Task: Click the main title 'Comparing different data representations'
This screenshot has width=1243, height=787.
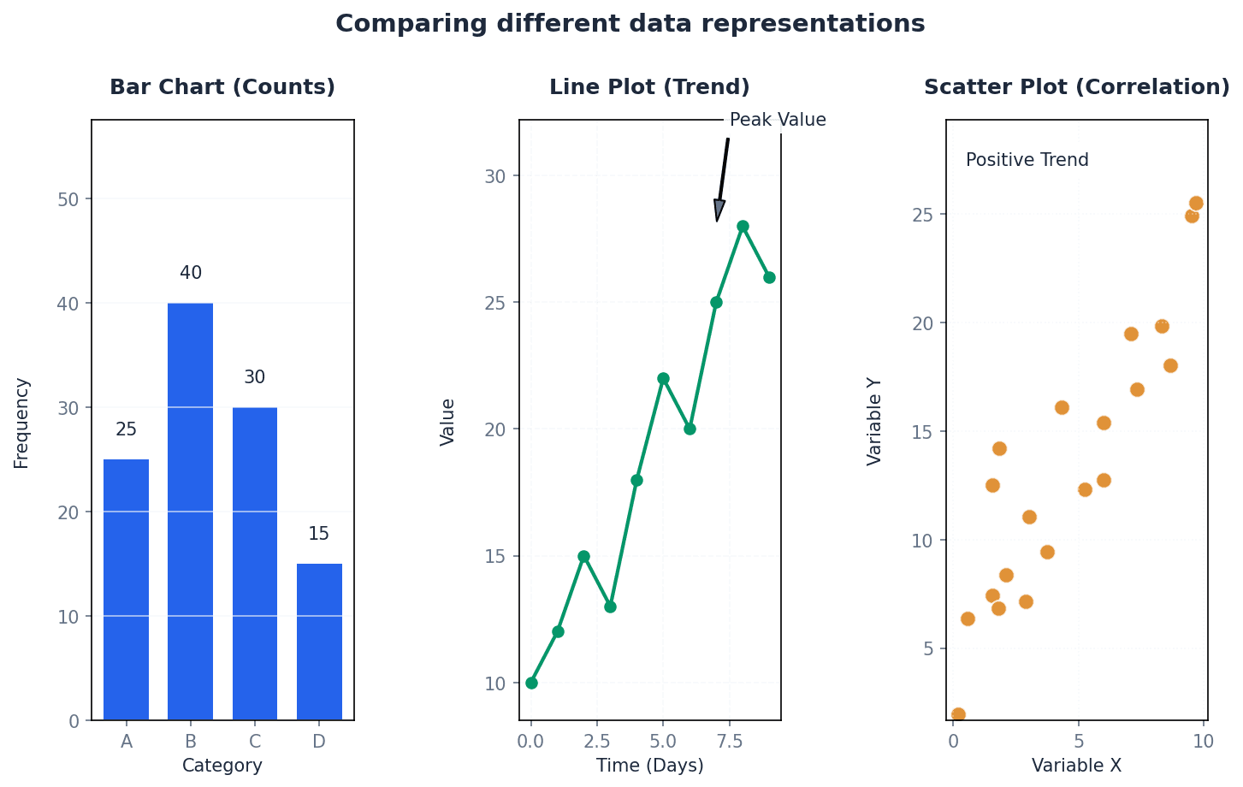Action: (x=630, y=24)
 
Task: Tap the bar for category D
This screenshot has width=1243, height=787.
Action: (x=319, y=642)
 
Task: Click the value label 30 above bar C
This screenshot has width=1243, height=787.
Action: (x=254, y=377)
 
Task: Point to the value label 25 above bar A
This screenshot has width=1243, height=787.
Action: (x=126, y=429)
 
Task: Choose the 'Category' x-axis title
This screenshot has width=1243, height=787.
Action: (x=222, y=766)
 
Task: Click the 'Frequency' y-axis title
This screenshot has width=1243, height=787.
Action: (x=21, y=423)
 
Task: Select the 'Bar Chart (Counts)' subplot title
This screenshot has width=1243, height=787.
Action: (x=222, y=87)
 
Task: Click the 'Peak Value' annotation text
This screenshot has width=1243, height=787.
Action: (x=778, y=120)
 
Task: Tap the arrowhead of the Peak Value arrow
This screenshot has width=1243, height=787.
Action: (x=719, y=211)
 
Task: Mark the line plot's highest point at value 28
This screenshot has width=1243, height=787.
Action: (x=743, y=227)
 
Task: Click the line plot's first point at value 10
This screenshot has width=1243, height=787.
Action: (x=531, y=683)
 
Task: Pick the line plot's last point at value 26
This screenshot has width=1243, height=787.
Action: (x=769, y=277)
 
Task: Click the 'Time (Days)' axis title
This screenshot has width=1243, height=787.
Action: (x=650, y=766)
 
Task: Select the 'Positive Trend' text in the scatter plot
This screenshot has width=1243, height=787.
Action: (x=1027, y=160)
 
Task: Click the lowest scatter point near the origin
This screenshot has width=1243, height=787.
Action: (x=958, y=714)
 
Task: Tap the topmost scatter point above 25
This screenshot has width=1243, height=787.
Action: (x=1196, y=203)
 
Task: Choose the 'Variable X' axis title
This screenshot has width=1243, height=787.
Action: (x=1076, y=766)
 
